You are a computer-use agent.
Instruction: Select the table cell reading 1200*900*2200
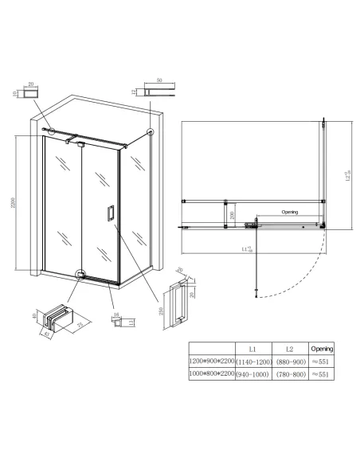point(211,360)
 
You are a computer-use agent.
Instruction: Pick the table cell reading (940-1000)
point(252,373)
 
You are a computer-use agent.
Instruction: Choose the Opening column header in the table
point(323,348)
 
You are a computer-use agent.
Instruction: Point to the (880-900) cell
point(291,360)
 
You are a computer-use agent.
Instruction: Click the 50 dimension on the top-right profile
point(159,81)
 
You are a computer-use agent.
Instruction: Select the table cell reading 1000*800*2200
point(211,373)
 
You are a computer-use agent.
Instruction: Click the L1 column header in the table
point(252,348)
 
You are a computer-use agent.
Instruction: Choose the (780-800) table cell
point(291,373)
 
